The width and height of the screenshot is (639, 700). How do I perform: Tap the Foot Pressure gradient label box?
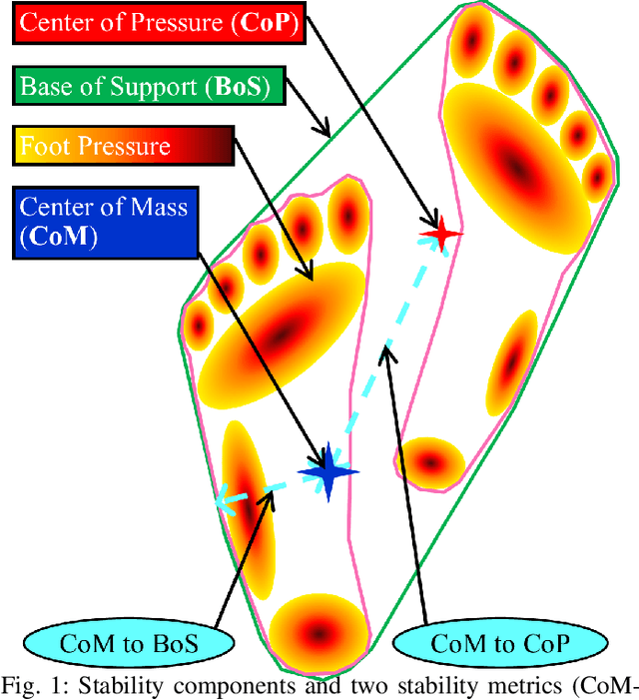coord(121,147)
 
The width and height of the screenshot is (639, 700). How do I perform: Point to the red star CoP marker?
coord(440,235)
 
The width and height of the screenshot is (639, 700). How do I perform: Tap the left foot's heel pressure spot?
coord(319,630)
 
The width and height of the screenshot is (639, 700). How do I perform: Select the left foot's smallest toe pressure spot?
coord(201,325)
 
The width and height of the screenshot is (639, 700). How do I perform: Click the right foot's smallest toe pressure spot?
coord(596,170)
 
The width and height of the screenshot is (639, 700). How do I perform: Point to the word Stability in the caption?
coord(121,685)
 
